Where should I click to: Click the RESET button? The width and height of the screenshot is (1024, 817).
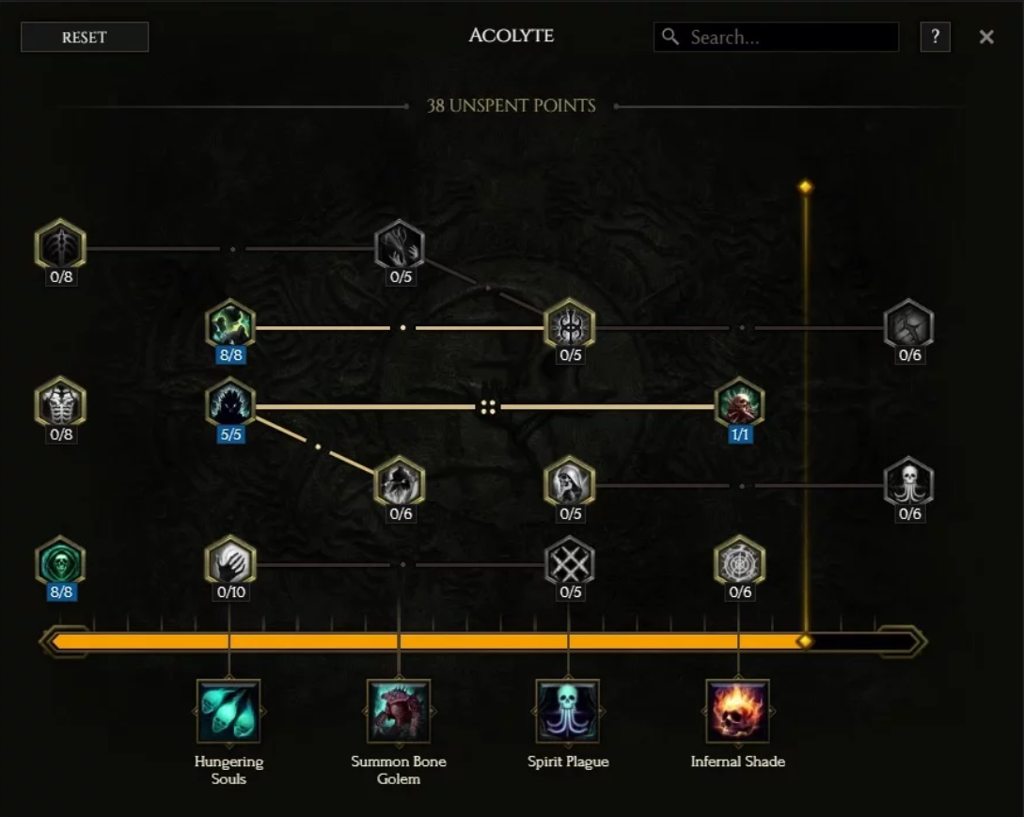(x=85, y=38)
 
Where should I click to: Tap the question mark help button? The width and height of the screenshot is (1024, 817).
(x=935, y=38)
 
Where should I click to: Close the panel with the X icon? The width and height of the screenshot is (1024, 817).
(x=986, y=38)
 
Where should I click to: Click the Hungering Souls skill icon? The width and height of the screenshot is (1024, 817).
(x=228, y=711)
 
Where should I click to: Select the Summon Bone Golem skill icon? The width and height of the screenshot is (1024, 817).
(x=399, y=711)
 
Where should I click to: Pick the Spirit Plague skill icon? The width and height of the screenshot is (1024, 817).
(x=568, y=711)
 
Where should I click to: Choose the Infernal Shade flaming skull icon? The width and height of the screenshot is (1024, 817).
(x=737, y=711)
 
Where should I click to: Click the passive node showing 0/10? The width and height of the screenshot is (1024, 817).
(x=230, y=561)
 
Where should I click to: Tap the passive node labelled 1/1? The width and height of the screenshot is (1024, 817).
(x=739, y=403)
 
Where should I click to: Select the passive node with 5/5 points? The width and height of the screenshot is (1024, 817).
(x=230, y=403)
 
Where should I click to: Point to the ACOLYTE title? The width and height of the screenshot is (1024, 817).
(x=512, y=37)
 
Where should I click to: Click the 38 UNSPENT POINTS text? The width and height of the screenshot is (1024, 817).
(x=512, y=105)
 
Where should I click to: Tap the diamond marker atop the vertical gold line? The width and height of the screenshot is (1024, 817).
(x=805, y=187)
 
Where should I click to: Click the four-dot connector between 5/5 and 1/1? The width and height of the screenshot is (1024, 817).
(x=488, y=407)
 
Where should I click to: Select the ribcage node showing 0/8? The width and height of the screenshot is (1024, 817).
(x=60, y=403)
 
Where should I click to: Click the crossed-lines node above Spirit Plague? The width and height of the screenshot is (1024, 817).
(x=570, y=561)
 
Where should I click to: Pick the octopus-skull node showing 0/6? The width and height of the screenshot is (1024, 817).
(x=909, y=482)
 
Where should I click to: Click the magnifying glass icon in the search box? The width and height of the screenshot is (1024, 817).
(x=670, y=37)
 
